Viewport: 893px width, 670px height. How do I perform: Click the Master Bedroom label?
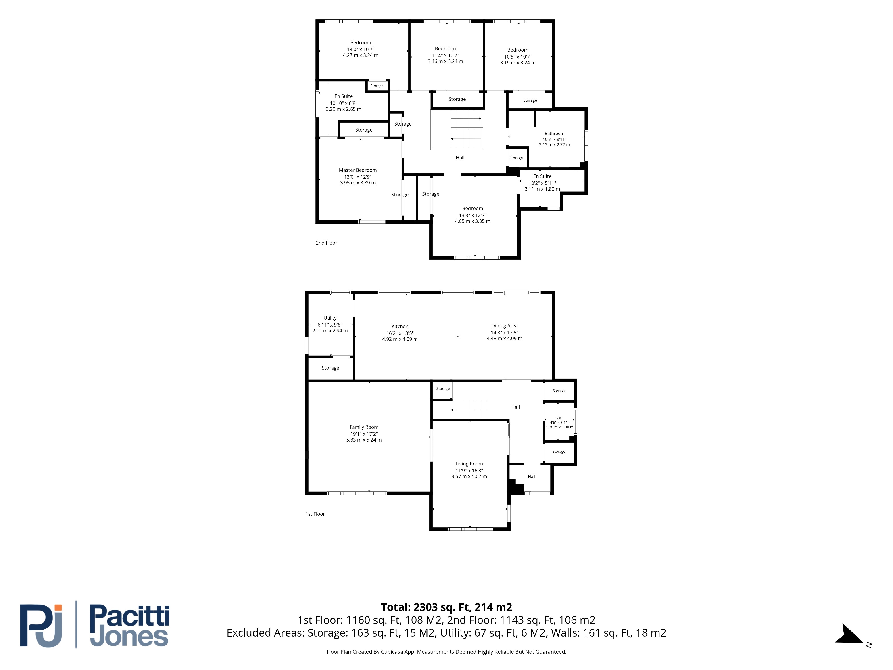(358, 170)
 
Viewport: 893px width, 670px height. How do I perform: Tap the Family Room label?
(364, 427)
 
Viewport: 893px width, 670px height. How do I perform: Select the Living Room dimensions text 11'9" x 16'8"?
(469, 471)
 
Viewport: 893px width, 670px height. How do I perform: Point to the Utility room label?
(330, 318)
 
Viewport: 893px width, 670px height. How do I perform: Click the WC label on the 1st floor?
(559, 418)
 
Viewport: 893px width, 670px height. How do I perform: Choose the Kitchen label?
(400, 326)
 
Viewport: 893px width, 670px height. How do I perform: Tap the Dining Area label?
(504, 326)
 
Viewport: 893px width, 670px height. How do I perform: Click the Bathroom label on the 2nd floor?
(554, 133)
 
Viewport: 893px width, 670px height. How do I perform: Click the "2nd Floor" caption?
(326, 243)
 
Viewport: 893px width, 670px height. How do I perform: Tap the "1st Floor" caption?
(315, 514)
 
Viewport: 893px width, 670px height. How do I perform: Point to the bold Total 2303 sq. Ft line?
(446, 607)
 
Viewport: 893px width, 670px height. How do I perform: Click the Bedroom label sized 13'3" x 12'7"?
(472, 208)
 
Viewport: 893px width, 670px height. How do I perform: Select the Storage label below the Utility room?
(330, 368)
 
